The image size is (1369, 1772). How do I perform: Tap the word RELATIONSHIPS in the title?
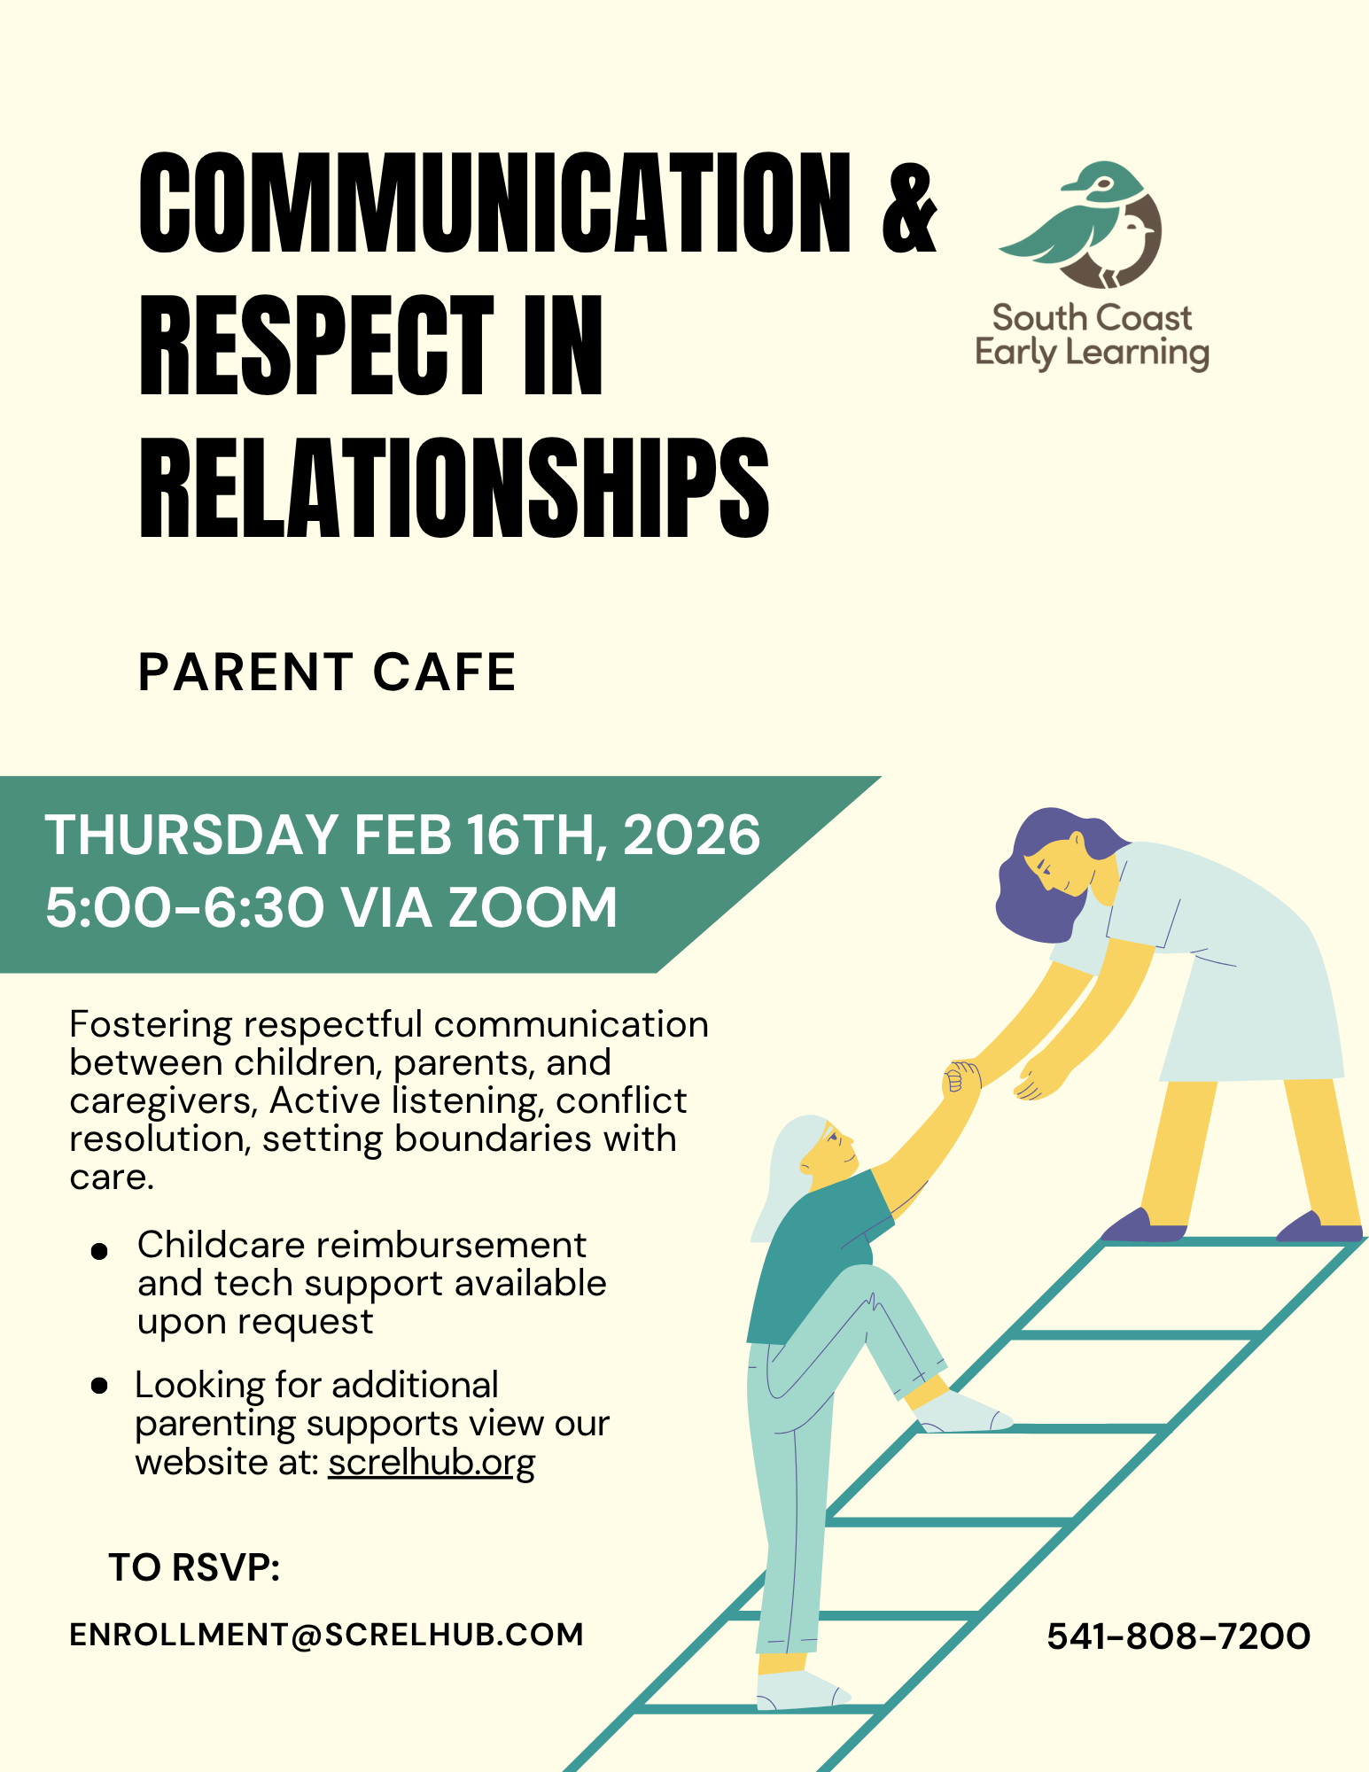[x=454, y=488]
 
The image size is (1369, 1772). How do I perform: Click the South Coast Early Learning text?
[x=1092, y=335]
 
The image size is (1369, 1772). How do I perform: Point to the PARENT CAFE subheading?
[x=327, y=672]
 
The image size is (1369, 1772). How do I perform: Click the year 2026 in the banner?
[x=691, y=835]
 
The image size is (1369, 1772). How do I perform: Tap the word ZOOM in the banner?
[x=533, y=907]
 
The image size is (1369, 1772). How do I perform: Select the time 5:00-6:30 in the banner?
[x=185, y=907]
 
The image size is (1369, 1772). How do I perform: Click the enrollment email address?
[x=326, y=1635]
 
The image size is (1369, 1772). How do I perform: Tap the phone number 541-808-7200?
[x=1178, y=1636]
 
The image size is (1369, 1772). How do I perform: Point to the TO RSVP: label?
[x=194, y=1567]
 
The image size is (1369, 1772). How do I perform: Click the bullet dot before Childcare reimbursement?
[x=99, y=1251]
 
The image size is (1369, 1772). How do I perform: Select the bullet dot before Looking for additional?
[x=99, y=1386]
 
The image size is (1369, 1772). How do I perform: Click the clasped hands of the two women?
[x=961, y=1076]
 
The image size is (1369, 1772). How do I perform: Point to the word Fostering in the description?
[x=151, y=1025]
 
